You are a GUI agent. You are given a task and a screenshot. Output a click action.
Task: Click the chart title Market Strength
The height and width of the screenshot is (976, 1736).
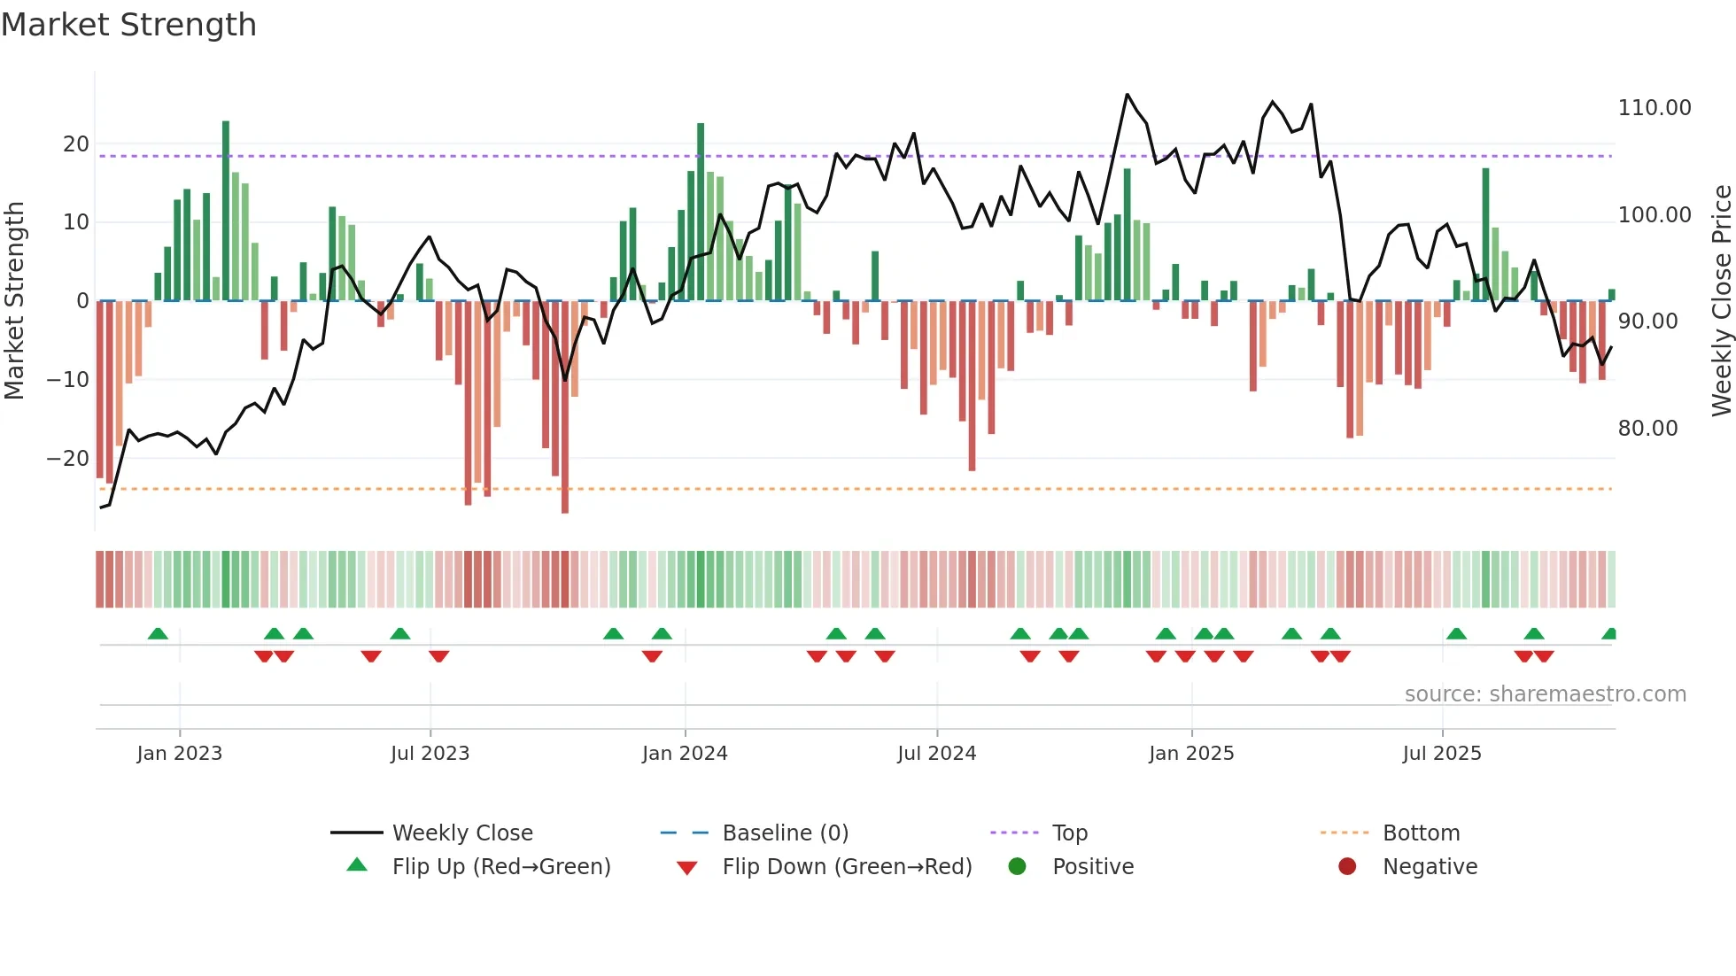click(x=128, y=25)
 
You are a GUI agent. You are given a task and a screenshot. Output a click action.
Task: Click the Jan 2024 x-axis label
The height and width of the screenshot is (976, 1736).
click(x=685, y=754)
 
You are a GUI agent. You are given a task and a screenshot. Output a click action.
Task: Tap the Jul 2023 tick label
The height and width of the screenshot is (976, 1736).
click(x=430, y=754)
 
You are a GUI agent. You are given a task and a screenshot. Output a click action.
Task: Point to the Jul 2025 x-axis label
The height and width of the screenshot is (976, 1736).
click(x=1442, y=754)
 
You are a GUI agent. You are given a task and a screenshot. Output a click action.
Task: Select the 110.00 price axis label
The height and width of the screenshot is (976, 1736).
click(x=1654, y=108)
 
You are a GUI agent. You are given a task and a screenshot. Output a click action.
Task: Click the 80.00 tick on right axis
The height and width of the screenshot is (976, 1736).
click(x=1647, y=429)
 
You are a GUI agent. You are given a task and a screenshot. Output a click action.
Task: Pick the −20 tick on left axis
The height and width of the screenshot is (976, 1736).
click(x=68, y=459)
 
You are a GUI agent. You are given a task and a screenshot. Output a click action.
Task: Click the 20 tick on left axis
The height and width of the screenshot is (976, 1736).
click(x=76, y=144)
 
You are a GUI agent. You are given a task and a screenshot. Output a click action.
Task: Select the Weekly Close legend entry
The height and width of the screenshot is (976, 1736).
click(x=461, y=833)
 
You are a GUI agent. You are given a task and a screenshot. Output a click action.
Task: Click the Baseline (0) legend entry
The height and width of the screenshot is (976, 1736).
click(x=785, y=833)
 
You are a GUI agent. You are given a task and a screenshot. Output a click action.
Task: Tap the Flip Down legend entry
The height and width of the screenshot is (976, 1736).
click(x=846, y=867)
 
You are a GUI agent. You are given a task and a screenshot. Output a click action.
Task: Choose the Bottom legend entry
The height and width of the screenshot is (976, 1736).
click(x=1421, y=833)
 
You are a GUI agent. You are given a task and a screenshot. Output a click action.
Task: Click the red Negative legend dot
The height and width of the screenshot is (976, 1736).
click(x=1347, y=867)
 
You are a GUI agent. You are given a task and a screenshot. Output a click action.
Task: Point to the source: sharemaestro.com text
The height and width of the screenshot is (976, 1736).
click(x=1545, y=694)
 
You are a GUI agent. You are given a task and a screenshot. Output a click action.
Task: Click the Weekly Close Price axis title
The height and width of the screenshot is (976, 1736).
click(x=1721, y=301)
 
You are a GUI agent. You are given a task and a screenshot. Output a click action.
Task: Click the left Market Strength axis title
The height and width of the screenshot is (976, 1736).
click(x=15, y=301)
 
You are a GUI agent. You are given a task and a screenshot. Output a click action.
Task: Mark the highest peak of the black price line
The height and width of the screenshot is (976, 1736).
click(x=1127, y=94)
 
